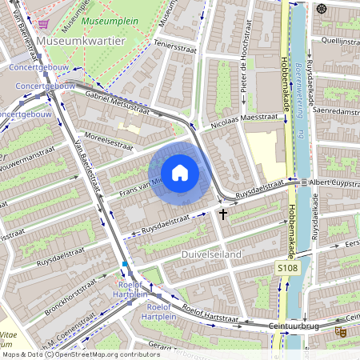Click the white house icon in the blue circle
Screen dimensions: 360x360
click(180, 172)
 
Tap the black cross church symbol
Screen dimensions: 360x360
click(223, 213)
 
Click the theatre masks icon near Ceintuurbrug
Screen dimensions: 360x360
click(342, 330)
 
